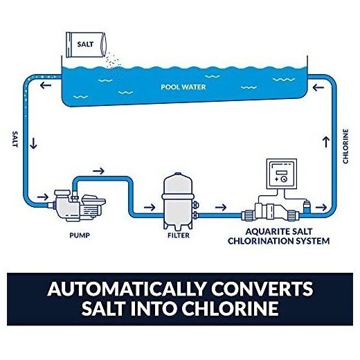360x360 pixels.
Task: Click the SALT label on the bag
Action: (85, 44)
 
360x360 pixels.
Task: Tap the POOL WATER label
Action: (183, 87)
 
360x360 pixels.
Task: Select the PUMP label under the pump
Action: (80, 235)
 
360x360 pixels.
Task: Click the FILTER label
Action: (179, 235)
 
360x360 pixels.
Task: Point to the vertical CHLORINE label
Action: (345, 146)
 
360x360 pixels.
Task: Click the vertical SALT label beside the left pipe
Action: (15, 139)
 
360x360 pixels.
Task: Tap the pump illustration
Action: (78, 206)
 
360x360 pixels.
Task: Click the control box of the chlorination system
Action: (282, 173)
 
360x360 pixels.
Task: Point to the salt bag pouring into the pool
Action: (86, 45)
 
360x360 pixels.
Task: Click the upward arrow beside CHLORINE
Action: (326, 142)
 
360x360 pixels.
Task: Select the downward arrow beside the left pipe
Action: (34, 143)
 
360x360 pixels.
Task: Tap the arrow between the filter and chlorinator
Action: (221, 208)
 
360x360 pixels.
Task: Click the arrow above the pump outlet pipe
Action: (98, 171)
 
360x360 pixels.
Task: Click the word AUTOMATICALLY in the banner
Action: (127, 289)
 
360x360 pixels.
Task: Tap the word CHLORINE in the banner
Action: (230, 308)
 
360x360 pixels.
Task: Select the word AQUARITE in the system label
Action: (262, 231)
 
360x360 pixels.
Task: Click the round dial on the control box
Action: (284, 179)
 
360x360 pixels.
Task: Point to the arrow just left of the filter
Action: (150, 207)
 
